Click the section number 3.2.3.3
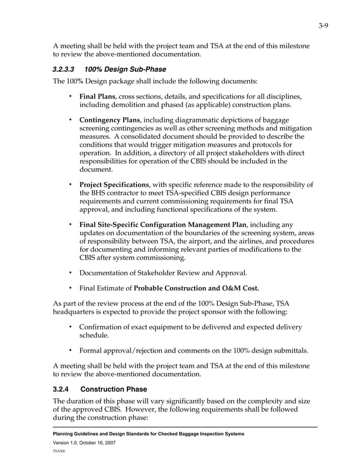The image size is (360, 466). [64, 70]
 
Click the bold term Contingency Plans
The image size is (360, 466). [109, 121]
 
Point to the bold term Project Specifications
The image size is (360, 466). [113, 184]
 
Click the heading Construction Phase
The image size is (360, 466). [114, 389]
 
